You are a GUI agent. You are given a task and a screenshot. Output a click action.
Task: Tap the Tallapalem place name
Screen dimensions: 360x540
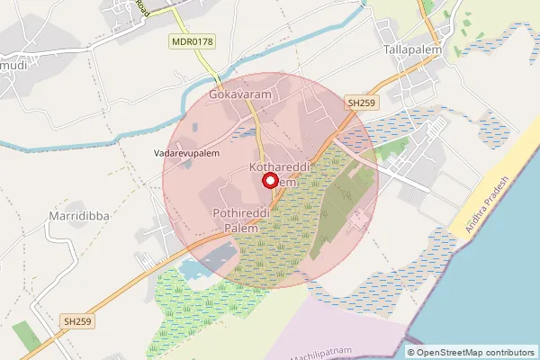pyautogui.click(x=413, y=49)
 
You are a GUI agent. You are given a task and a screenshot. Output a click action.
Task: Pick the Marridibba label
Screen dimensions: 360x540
pyautogui.click(x=75, y=217)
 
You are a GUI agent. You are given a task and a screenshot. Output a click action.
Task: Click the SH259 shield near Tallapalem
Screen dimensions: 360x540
pyautogui.click(x=361, y=103)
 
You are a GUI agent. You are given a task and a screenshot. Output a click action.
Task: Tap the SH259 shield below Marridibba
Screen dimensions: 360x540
pyautogui.click(x=78, y=320)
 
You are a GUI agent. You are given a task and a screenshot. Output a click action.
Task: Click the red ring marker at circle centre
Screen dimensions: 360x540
pyautogui.click(x=270, y=180)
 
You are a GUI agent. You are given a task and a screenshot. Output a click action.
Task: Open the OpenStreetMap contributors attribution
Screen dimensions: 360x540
pyautogui.click(x=473, y=352)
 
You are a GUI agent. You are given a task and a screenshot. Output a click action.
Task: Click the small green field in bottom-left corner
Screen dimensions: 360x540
pyautogui.click(x=25, y=335)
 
